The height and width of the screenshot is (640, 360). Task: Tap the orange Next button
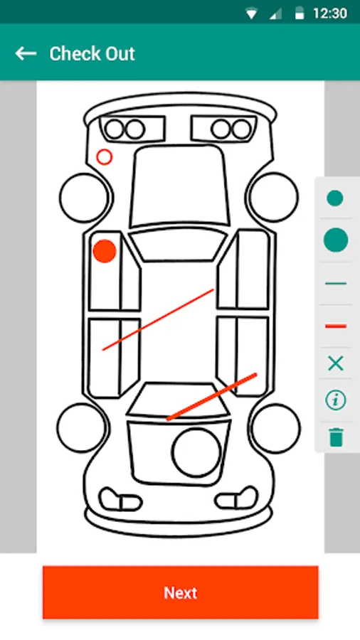tap(181, 592)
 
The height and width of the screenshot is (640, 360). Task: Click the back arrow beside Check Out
tap(26, 53)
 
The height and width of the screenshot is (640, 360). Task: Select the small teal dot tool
tap(335, 198)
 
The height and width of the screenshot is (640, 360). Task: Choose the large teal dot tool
tap(336, 240)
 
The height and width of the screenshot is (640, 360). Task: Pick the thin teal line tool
tap(336, 283)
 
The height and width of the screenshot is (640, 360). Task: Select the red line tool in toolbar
tap(336, 326)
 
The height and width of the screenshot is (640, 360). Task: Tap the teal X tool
tap(336, 363)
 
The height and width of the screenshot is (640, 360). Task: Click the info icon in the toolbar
tap(336, 400)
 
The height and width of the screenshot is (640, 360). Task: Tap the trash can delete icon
tap(336, 437)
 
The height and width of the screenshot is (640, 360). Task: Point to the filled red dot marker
tap(105, 251)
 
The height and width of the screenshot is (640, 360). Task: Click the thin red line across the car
tap(158, 319)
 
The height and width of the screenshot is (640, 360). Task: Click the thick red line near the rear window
tap(211, 396)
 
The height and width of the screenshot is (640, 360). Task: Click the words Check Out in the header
tap(92, 54)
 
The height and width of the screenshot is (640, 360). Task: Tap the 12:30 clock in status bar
tap(330, 14)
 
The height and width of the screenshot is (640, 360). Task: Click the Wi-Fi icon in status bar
tap(251, 14)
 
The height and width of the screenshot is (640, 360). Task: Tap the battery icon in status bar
tap(300, 14)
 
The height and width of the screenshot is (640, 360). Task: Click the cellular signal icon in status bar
tap(275, 14)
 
